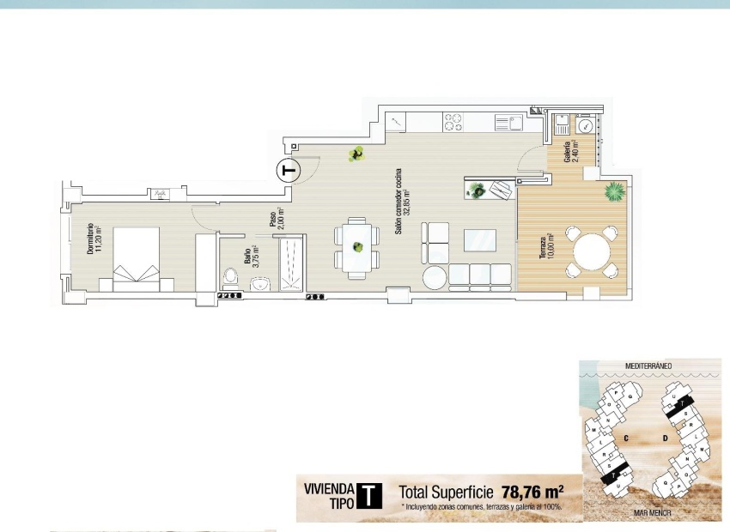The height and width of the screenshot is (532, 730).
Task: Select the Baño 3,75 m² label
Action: point(250,257)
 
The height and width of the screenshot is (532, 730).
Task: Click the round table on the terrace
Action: point(591,252)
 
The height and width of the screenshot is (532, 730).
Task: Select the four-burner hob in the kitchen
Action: point(453,124)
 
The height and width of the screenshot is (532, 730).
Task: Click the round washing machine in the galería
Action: point(585,126)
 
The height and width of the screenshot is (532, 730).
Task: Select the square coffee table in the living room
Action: point(480,239)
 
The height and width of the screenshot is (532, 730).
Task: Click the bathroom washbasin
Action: point(260,284)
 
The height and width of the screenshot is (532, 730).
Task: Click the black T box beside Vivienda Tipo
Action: point(368,497)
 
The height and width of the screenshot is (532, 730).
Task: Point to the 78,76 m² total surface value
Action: point(532,493)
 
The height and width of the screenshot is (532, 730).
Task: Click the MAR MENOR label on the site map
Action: point(650,514)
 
